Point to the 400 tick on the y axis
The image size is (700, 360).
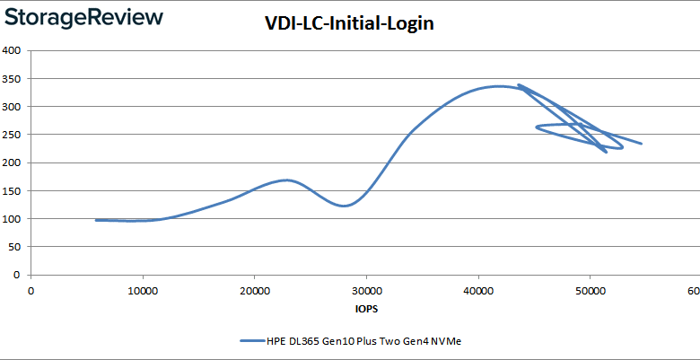[13, 50]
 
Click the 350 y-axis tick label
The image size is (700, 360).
[13, 79]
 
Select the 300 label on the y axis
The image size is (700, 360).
[13, 107]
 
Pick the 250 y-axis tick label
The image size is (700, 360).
[13, 135]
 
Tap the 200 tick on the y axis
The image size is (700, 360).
[13, 162]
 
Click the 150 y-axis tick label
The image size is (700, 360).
[13, 191]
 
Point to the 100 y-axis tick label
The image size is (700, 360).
[13, 219]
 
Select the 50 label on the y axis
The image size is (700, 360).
[15, 247]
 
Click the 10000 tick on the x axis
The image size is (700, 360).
[143, 290]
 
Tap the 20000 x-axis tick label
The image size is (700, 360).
[254, 290]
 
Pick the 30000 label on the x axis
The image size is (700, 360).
[366, 290]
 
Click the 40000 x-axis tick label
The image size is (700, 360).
[477, 290]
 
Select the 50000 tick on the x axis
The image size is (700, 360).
[590, 290]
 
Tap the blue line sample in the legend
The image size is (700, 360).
[252, 341]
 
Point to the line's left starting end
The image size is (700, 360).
[96, 220]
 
